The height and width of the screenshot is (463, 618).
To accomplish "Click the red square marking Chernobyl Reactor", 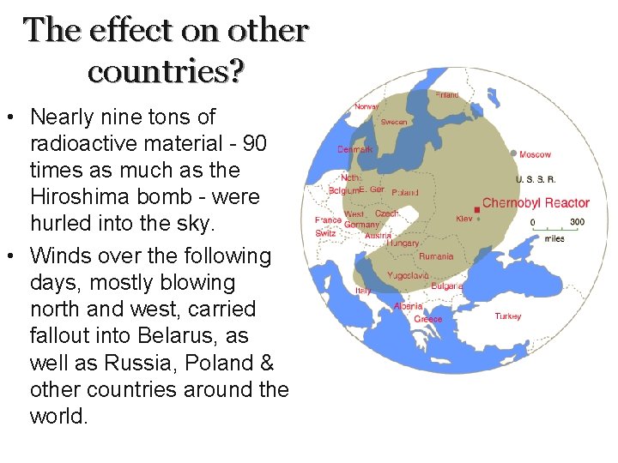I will [x=476, y=209].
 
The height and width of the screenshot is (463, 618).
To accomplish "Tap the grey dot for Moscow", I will [x=513, y=154].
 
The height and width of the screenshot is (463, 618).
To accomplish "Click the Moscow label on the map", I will [x=535, y=154].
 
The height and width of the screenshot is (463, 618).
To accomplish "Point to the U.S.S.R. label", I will [x=536, y=179].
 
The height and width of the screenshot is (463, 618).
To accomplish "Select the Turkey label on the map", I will [x=507, y=316].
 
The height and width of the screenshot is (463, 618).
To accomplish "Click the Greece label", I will [x=428, y=319].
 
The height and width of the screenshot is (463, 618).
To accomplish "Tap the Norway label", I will [x=367, y=106].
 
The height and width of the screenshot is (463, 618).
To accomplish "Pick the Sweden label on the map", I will [x=394, y=123].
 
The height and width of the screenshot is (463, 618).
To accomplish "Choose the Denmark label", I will [x=354, y=149].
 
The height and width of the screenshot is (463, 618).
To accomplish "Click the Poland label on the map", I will [x=405, y=193].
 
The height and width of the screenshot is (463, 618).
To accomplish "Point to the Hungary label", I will [x=403, y=244].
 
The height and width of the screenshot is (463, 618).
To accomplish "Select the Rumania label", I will [x=435, y=256].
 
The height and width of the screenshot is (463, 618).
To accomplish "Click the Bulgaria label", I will [x=447, y=286].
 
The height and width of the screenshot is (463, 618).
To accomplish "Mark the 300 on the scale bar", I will [x=577, y=222].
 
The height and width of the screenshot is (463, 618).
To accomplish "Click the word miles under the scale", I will [x=554, y=238].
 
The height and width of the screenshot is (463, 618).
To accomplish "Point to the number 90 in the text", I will [x=256, y=143].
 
